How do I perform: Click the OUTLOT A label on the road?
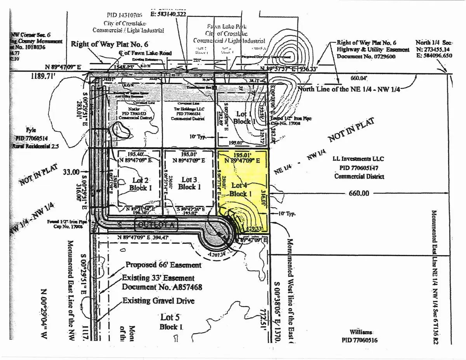pos(156,225)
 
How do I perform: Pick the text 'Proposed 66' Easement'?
pos(163,265)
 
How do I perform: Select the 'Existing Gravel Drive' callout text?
pos(158,301)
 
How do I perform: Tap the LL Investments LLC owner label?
pos(358,159)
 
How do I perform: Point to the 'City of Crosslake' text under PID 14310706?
pos(128,23)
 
